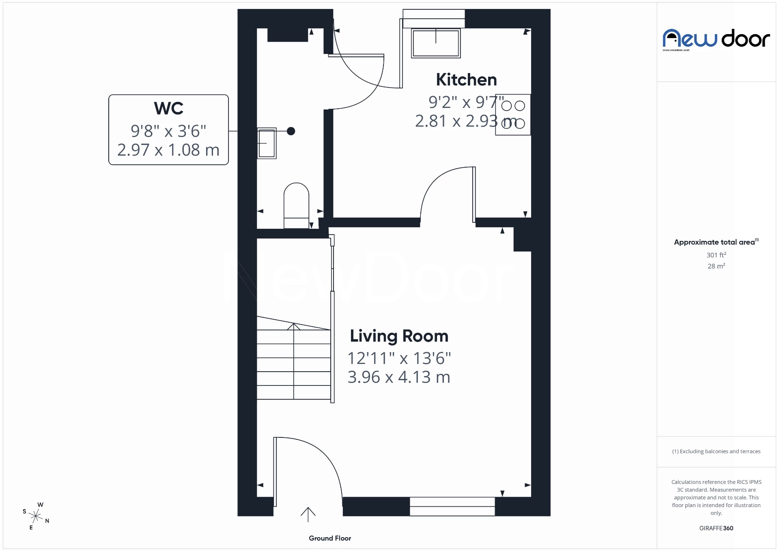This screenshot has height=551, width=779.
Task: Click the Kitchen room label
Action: pyautogui.click(x=466, y=80)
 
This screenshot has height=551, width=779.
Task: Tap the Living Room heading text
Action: pyautogui.click(x=399, y=336)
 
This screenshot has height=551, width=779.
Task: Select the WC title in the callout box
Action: pyautogui.click(x=168, y=108)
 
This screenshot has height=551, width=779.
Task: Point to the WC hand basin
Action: pyautogui.click(x=267, y=143)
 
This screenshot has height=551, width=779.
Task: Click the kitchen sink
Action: pyautogui.click(x=436, y=43)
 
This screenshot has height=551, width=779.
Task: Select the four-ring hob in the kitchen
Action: pyautogui.click(x=513, y=114)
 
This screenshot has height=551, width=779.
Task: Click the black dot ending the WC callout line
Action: pyautogui.click(x=291, y=131)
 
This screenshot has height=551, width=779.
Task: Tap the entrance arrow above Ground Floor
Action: pyautogui.click(x=308, y=514)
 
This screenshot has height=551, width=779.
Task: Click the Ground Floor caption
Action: pyautogui.click(x=329, y=538)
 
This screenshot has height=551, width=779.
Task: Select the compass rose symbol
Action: pyautogui.click(x=36, y=516)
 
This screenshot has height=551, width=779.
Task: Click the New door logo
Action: pyautogui.click(x=716, y=39)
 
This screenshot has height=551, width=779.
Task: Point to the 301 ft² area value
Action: pyautogui.click(x=716, y=255)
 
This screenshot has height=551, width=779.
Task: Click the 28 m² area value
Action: pyautogui.click(x=716, y=266)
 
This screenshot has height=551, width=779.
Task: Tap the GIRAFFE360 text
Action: pyautogui.click(x=716, y=528)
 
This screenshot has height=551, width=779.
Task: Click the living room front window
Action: pyautogui.click(x=452, y=506)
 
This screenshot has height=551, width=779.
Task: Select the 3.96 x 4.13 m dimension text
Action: pyautogui.click(x=399, y=377)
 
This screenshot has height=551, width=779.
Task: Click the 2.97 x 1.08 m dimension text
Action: pyautogui.click(x=168, y=150)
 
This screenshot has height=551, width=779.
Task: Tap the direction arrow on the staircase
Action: pyautogui.click(x=294, y=327)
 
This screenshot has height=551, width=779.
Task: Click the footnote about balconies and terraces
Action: pyautogui.click(x=716, y=451)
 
